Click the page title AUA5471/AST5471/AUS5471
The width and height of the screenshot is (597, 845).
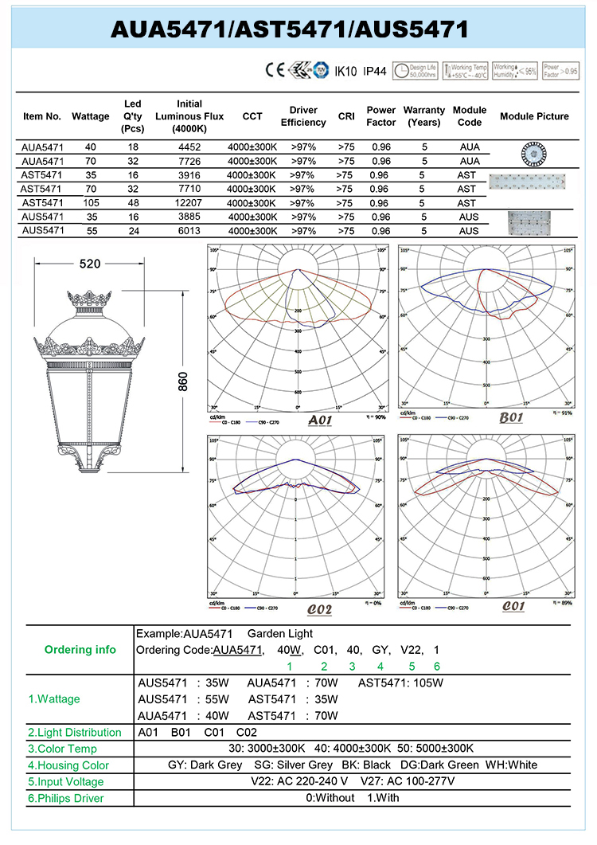point(288,29)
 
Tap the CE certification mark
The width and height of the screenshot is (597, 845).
point(274,70)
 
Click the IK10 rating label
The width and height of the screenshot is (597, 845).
point(345,71)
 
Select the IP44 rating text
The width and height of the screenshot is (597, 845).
point(374,71)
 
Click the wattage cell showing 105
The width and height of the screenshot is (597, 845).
point(90,203)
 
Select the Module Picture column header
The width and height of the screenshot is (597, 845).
point(534,116)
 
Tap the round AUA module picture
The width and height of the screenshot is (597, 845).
point(534,151)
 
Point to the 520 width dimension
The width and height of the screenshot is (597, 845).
point(90,264)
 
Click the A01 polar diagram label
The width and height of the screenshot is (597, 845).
point(318,420)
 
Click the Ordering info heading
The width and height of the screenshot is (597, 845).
point(80,650)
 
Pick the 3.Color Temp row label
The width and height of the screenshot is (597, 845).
point(62,749)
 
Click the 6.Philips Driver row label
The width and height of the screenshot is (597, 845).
point(66,798)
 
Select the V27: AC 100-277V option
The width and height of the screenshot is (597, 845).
point(408,781)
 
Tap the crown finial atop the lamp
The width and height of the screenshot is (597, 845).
point(90,300)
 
